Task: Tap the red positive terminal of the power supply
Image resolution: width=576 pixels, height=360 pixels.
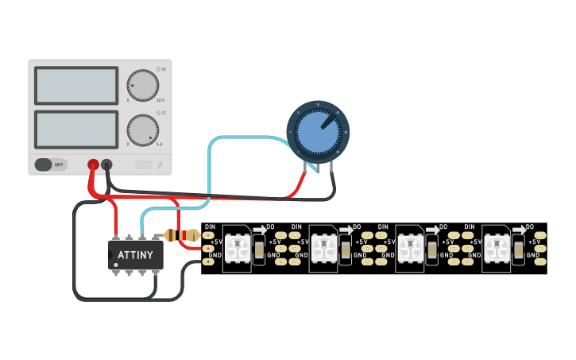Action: tap(93, 165)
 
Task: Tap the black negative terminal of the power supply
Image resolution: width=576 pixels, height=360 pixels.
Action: tap(107, 165)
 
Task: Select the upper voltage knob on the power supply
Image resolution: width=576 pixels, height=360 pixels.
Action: tap(142, 86)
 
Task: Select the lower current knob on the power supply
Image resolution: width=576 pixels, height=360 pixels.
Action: tap(142, 130)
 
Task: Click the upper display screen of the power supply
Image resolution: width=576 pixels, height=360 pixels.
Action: tap(76, 86)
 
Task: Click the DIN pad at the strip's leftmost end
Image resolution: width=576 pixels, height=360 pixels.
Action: tap(209, 236)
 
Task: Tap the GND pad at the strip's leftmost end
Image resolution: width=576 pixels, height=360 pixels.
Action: tap(209, 261)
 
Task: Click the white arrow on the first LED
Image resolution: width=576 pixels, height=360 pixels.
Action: tap(259, 229)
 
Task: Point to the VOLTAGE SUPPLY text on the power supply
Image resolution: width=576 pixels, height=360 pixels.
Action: tap(143, 165)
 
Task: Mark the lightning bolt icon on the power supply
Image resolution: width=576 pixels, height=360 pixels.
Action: tap(160, 165)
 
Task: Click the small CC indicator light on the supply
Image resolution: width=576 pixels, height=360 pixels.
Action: tap(157, 114)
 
